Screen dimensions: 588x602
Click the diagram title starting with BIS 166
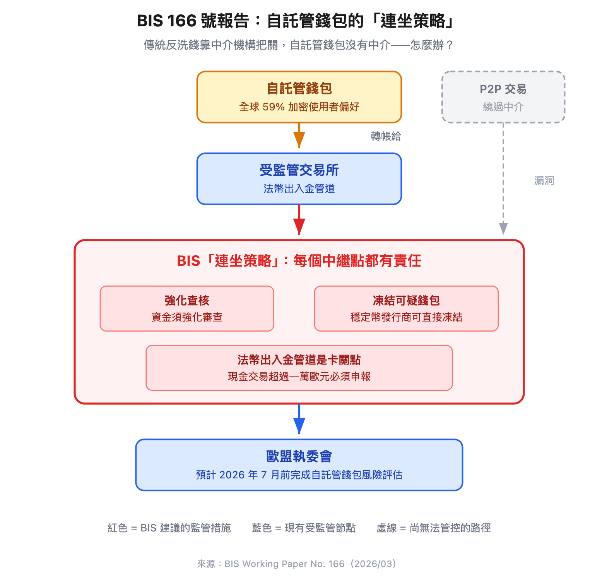[x=296, y=21]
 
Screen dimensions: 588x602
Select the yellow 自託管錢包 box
[x=299, y=97]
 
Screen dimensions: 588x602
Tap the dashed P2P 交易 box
[x=503, y=97]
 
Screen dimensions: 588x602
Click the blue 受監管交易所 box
[x=299, y=179]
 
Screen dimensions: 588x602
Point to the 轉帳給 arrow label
[x=386, y=136]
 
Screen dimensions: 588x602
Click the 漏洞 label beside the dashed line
[x=544, y=181]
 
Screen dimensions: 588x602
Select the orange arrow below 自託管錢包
[x=299, y=137]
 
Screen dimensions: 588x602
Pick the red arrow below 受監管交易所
[x=299, y=222]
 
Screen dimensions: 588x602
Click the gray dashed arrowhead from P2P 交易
[x=503, y=228]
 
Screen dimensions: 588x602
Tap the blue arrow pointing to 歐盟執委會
[x=299, y=422]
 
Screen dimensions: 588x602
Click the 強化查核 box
[x=187, y=308]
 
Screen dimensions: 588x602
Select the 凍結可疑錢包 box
[x=406, y=308]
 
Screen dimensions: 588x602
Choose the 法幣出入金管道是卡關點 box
[x=299, y=368]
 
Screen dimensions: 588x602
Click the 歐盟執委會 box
[x=299, y=465]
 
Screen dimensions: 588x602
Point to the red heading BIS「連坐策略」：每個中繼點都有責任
[x=299, y=261]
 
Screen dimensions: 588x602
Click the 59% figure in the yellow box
[x=274, y=107]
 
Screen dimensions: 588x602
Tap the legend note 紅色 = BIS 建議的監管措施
[x=169, y=528]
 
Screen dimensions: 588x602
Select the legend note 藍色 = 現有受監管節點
[x=304, y=528]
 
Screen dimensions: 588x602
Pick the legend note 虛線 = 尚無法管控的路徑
[x=433, y=528]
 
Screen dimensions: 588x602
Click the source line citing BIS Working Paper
[x=297, y=564]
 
